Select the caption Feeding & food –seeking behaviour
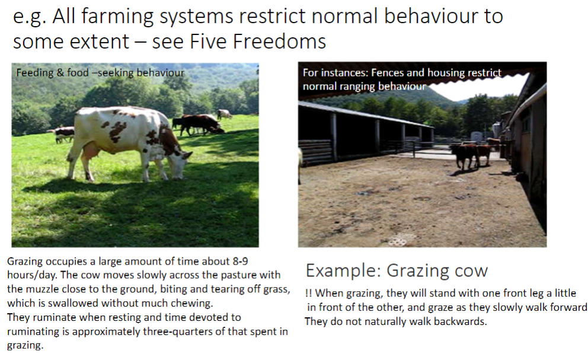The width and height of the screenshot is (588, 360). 100,73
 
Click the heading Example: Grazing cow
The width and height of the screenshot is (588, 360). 396,271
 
